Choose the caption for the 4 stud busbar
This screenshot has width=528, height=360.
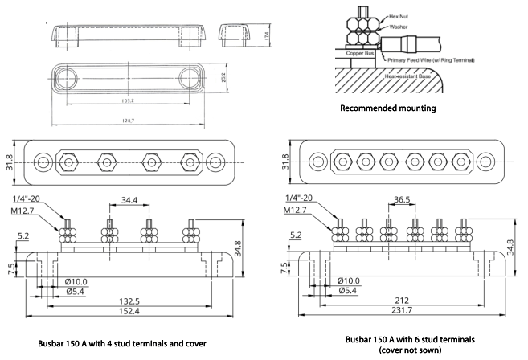pyautogui.click(x=121, y=343)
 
